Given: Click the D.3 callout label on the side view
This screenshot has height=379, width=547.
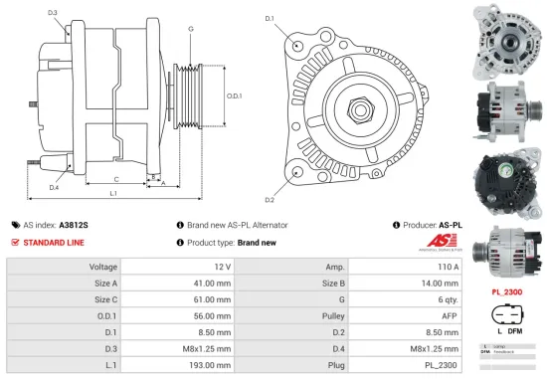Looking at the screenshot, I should click(x=52, y=13).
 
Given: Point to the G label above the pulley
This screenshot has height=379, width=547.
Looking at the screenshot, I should click(x=191, y=28).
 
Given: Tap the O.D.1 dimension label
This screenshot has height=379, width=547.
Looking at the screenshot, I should click(x=235, y=95).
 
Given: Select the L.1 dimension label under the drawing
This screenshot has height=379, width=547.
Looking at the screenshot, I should click(x=113, y=192).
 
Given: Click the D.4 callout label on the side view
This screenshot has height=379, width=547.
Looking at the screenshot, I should click(x=53, y=187).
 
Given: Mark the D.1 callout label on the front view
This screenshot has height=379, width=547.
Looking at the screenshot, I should click(x=270, y=18).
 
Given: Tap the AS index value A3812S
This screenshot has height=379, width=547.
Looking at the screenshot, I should click(x=74, y=225).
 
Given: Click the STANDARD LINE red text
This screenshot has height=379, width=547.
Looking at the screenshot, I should click(x=55, y=242).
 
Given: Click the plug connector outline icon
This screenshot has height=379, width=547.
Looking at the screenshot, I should click(x=508, y=315).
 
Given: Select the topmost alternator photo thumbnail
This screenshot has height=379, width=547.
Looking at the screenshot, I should click(x=508, y=39).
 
